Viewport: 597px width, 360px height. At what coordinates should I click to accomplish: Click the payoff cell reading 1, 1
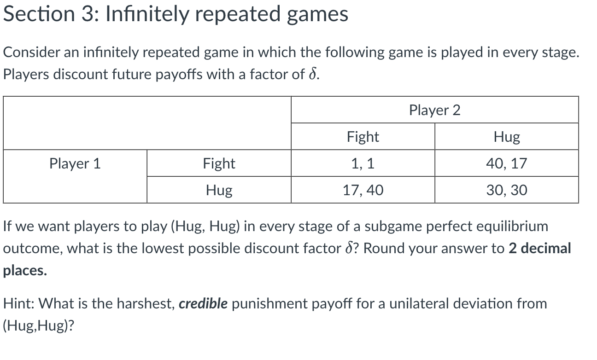tap(363, 163)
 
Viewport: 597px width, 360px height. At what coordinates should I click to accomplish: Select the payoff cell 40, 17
tap(506, 163)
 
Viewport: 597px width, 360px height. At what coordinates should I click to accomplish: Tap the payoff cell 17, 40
tap(363, 190)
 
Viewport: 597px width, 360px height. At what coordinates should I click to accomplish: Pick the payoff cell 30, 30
tap(506, 190)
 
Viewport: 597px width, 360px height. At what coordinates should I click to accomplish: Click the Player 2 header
tap(434, 110)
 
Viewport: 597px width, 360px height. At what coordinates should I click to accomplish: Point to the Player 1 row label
tap(75, 163)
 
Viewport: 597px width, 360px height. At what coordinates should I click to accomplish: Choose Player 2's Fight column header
tap(363, 137)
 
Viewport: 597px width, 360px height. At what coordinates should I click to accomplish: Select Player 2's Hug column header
tap(506, 137)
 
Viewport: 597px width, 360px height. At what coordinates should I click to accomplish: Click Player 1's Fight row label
tap(219, 163)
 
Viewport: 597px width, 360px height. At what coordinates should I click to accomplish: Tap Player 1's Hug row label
tap(219, 190)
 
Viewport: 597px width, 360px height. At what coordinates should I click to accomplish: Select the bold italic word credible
tap(203, 304)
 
